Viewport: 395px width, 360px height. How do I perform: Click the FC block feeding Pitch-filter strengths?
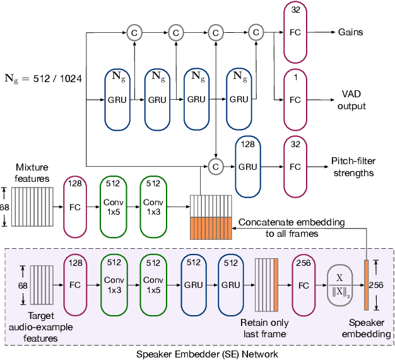(x=295, y=167)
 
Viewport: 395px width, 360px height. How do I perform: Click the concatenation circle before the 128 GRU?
(x=216, y=167)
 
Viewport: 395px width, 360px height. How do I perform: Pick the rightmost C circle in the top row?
(x=257, y=32)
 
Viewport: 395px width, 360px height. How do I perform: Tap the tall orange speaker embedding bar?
(x=365, y=284)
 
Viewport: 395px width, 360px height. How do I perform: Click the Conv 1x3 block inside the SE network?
(x=114, y=284)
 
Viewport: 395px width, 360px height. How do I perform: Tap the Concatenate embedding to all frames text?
(x=292, y=228)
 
